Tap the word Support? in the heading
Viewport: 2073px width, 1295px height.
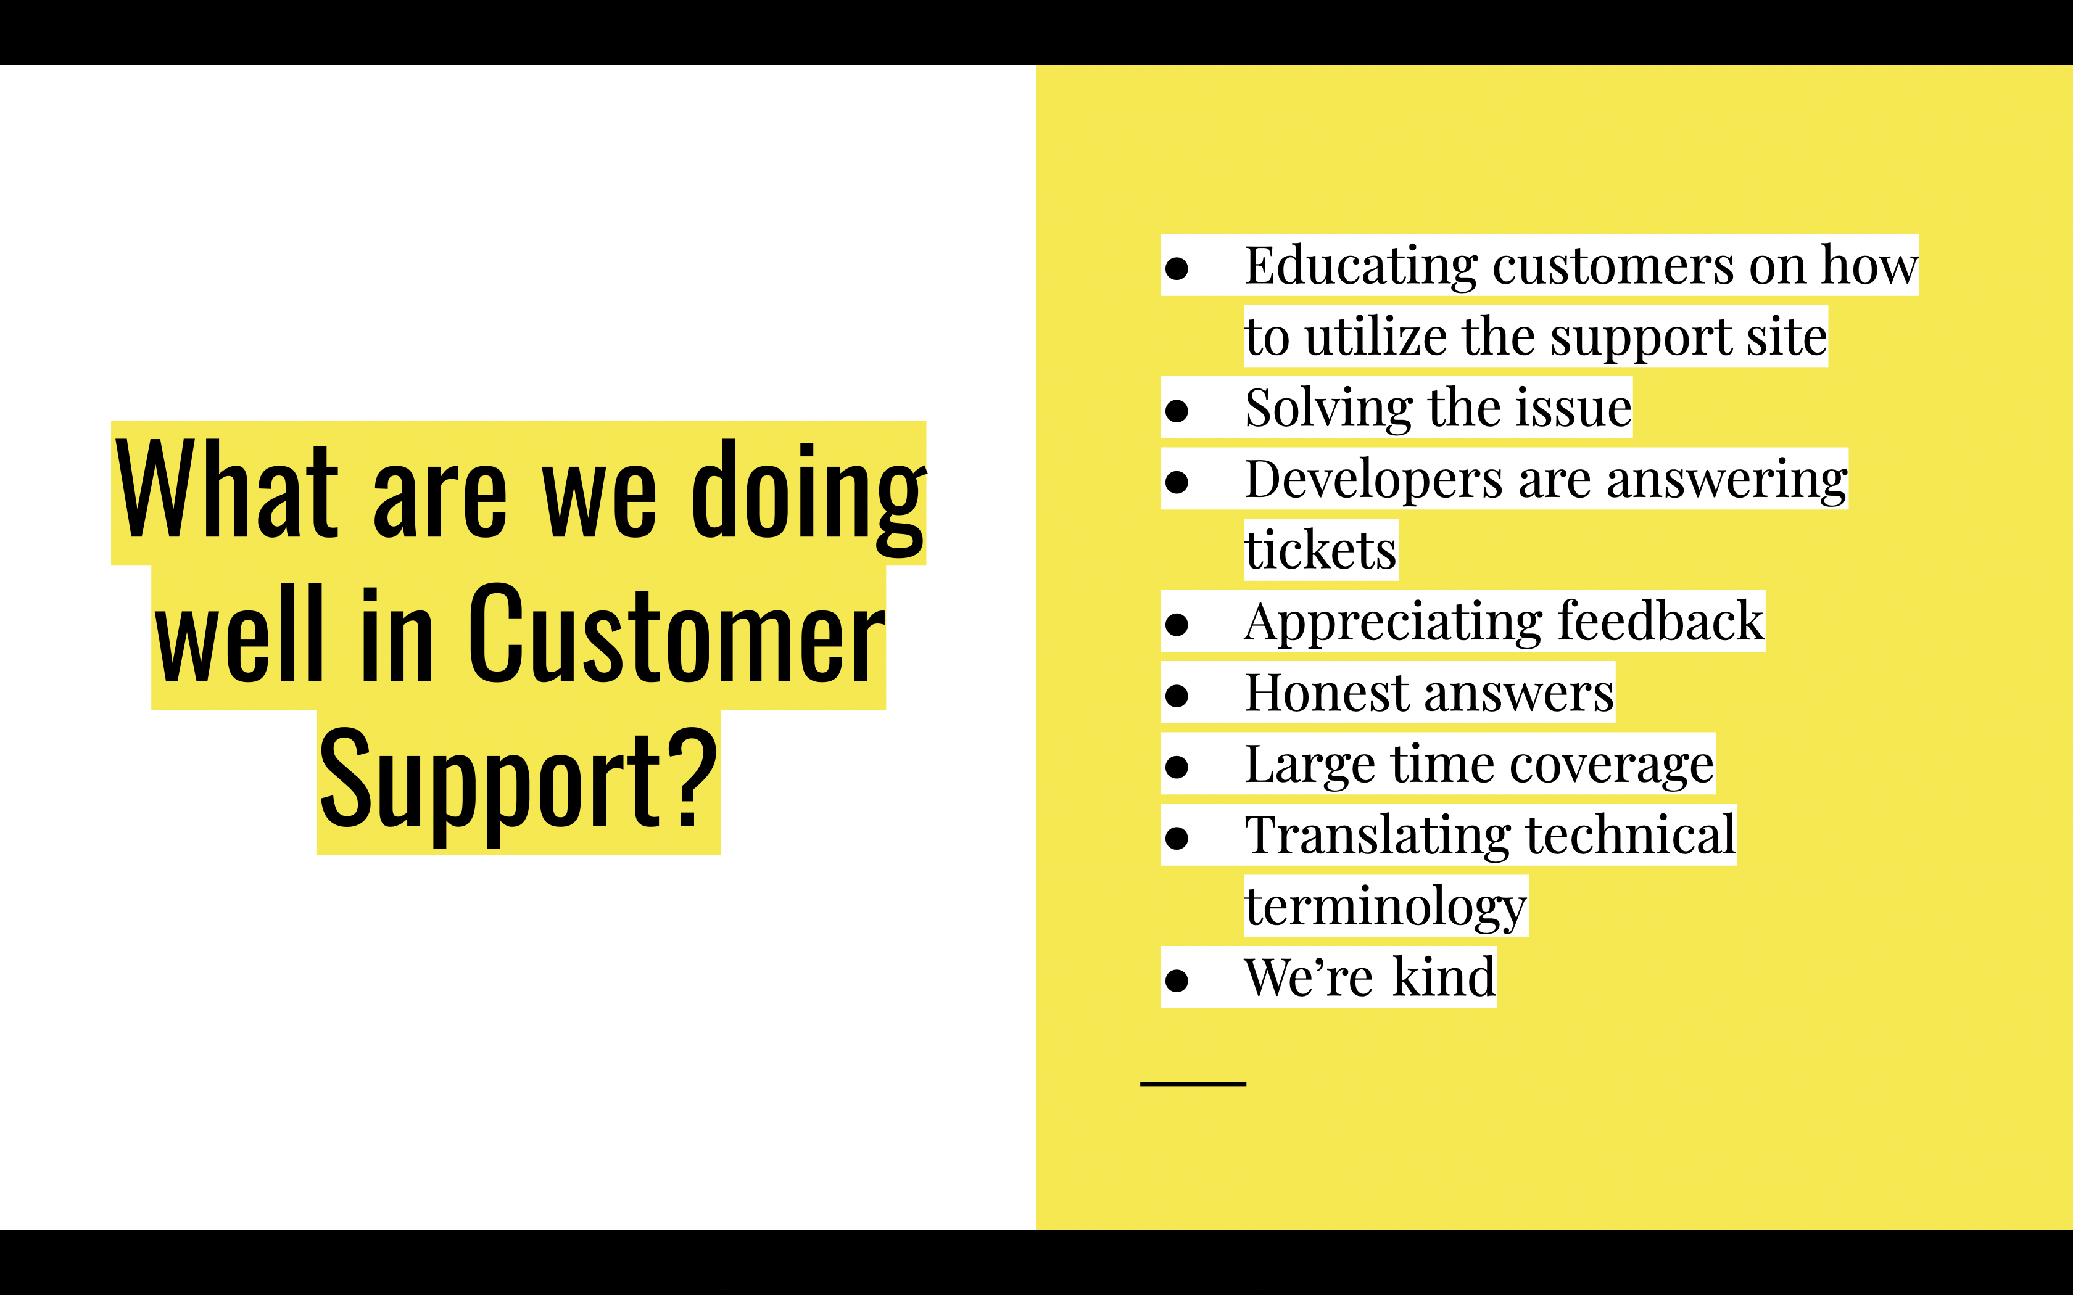518,781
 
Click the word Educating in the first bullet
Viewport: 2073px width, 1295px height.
1360,266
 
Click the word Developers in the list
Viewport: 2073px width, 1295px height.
1373,480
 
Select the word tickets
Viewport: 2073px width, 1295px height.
1320,550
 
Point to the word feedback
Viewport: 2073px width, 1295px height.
1660,621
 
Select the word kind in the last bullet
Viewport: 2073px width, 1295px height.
1444,977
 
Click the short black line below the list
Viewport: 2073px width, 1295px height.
1193,1084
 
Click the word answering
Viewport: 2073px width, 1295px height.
1726,480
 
